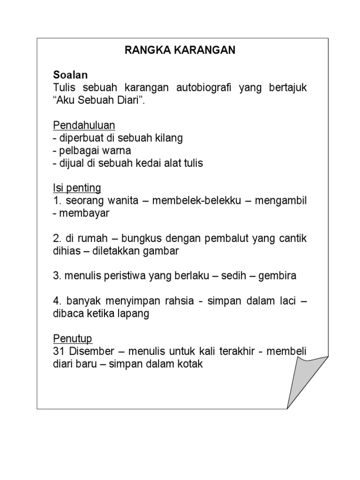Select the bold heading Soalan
70,75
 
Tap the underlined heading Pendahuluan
84,126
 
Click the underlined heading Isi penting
76,188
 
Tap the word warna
118,150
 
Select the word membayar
84,213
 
